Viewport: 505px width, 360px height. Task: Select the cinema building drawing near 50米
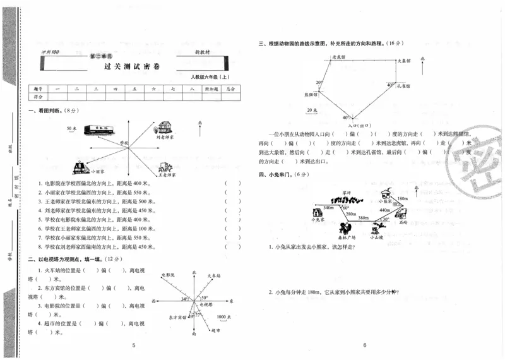99,128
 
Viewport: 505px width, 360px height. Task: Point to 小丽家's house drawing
81,167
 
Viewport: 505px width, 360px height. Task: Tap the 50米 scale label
72,128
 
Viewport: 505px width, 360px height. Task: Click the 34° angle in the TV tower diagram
185,299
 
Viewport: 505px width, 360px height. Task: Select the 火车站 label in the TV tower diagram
216,276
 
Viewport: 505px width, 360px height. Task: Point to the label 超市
216,330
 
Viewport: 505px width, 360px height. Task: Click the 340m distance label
329,207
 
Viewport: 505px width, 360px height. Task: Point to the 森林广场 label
345,237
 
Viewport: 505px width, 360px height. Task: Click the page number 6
365,345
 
